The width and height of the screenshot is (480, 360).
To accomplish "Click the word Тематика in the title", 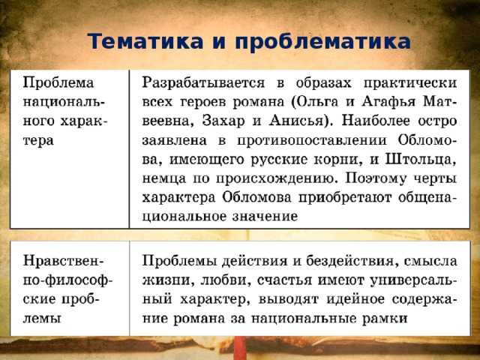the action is [145, 41].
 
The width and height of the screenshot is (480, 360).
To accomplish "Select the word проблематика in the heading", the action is [322, 42].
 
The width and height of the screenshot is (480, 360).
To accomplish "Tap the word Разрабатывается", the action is [203, 83].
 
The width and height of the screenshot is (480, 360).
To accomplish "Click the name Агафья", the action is [388, 102].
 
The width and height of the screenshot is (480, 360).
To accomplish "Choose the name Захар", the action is [223, 121].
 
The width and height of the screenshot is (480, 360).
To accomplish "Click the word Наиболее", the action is [376, 121].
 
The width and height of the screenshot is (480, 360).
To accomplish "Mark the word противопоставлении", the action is [312, 140].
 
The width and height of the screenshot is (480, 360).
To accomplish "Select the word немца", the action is [163, 178].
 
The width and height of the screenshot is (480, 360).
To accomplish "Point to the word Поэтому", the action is [376, 178].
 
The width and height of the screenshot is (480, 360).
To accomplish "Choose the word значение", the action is [265, 217].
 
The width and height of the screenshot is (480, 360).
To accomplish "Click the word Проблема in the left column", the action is [58, 83].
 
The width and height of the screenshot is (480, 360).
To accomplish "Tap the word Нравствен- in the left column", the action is [64, 261].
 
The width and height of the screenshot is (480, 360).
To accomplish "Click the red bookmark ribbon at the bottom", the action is [240, 347].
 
